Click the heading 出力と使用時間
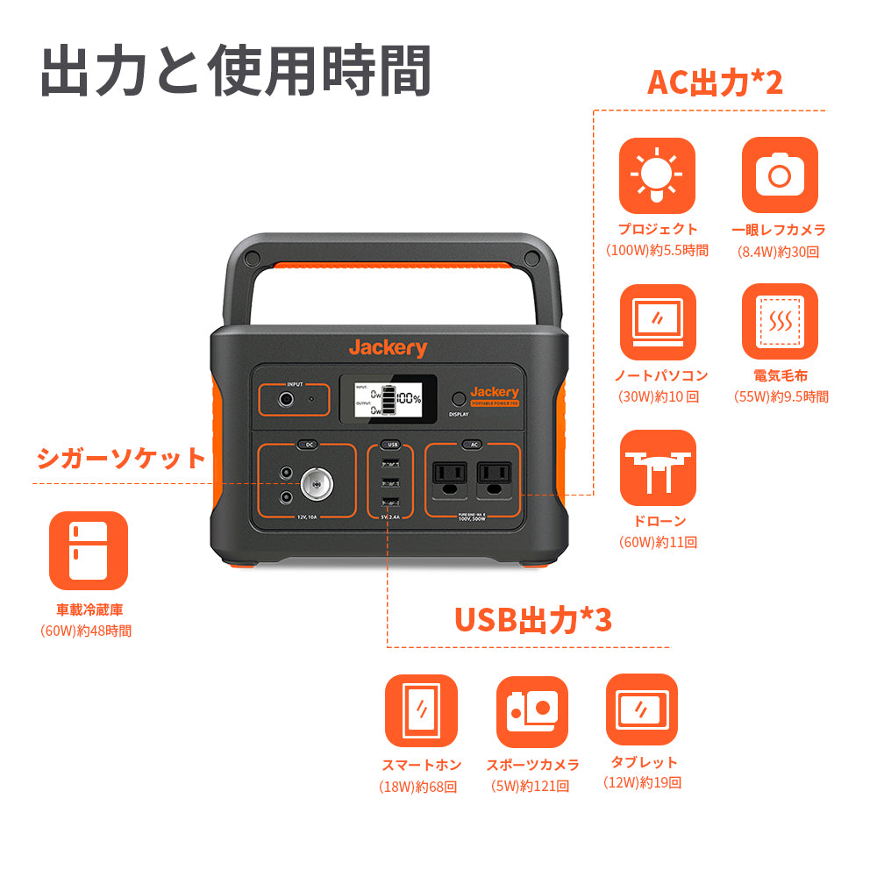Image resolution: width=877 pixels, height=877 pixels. pyautogui.click(x=235, y=71)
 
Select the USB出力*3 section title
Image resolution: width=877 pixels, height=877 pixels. pyautogui.click(x=533, y=619)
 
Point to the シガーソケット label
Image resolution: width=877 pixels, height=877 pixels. pyautogui.click(x=121, y=458)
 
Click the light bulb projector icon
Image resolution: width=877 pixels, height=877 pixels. pyautogui.click(x=657, y=175)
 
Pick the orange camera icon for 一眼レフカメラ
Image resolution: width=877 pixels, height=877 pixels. pyautogui.click(x=779, y=175)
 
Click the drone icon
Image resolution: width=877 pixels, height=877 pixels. pyautogui.click(x=657, y=467)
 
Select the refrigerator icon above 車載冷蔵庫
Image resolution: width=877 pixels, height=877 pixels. pyautogui.click(x=88, y=551)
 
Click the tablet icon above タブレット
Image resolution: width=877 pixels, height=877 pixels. pyautogui.click(x=642, y=709)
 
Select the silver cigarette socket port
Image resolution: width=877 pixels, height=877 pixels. pyautogui.click(x=315, y=484)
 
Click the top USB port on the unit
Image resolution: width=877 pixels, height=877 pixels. pyautogui.click(x=391, y=465)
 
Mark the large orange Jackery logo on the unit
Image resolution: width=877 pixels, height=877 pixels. pyautogui.click(x=388, y=348)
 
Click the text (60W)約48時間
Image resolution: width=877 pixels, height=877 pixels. pyautogui.click(x=87, y=631)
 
